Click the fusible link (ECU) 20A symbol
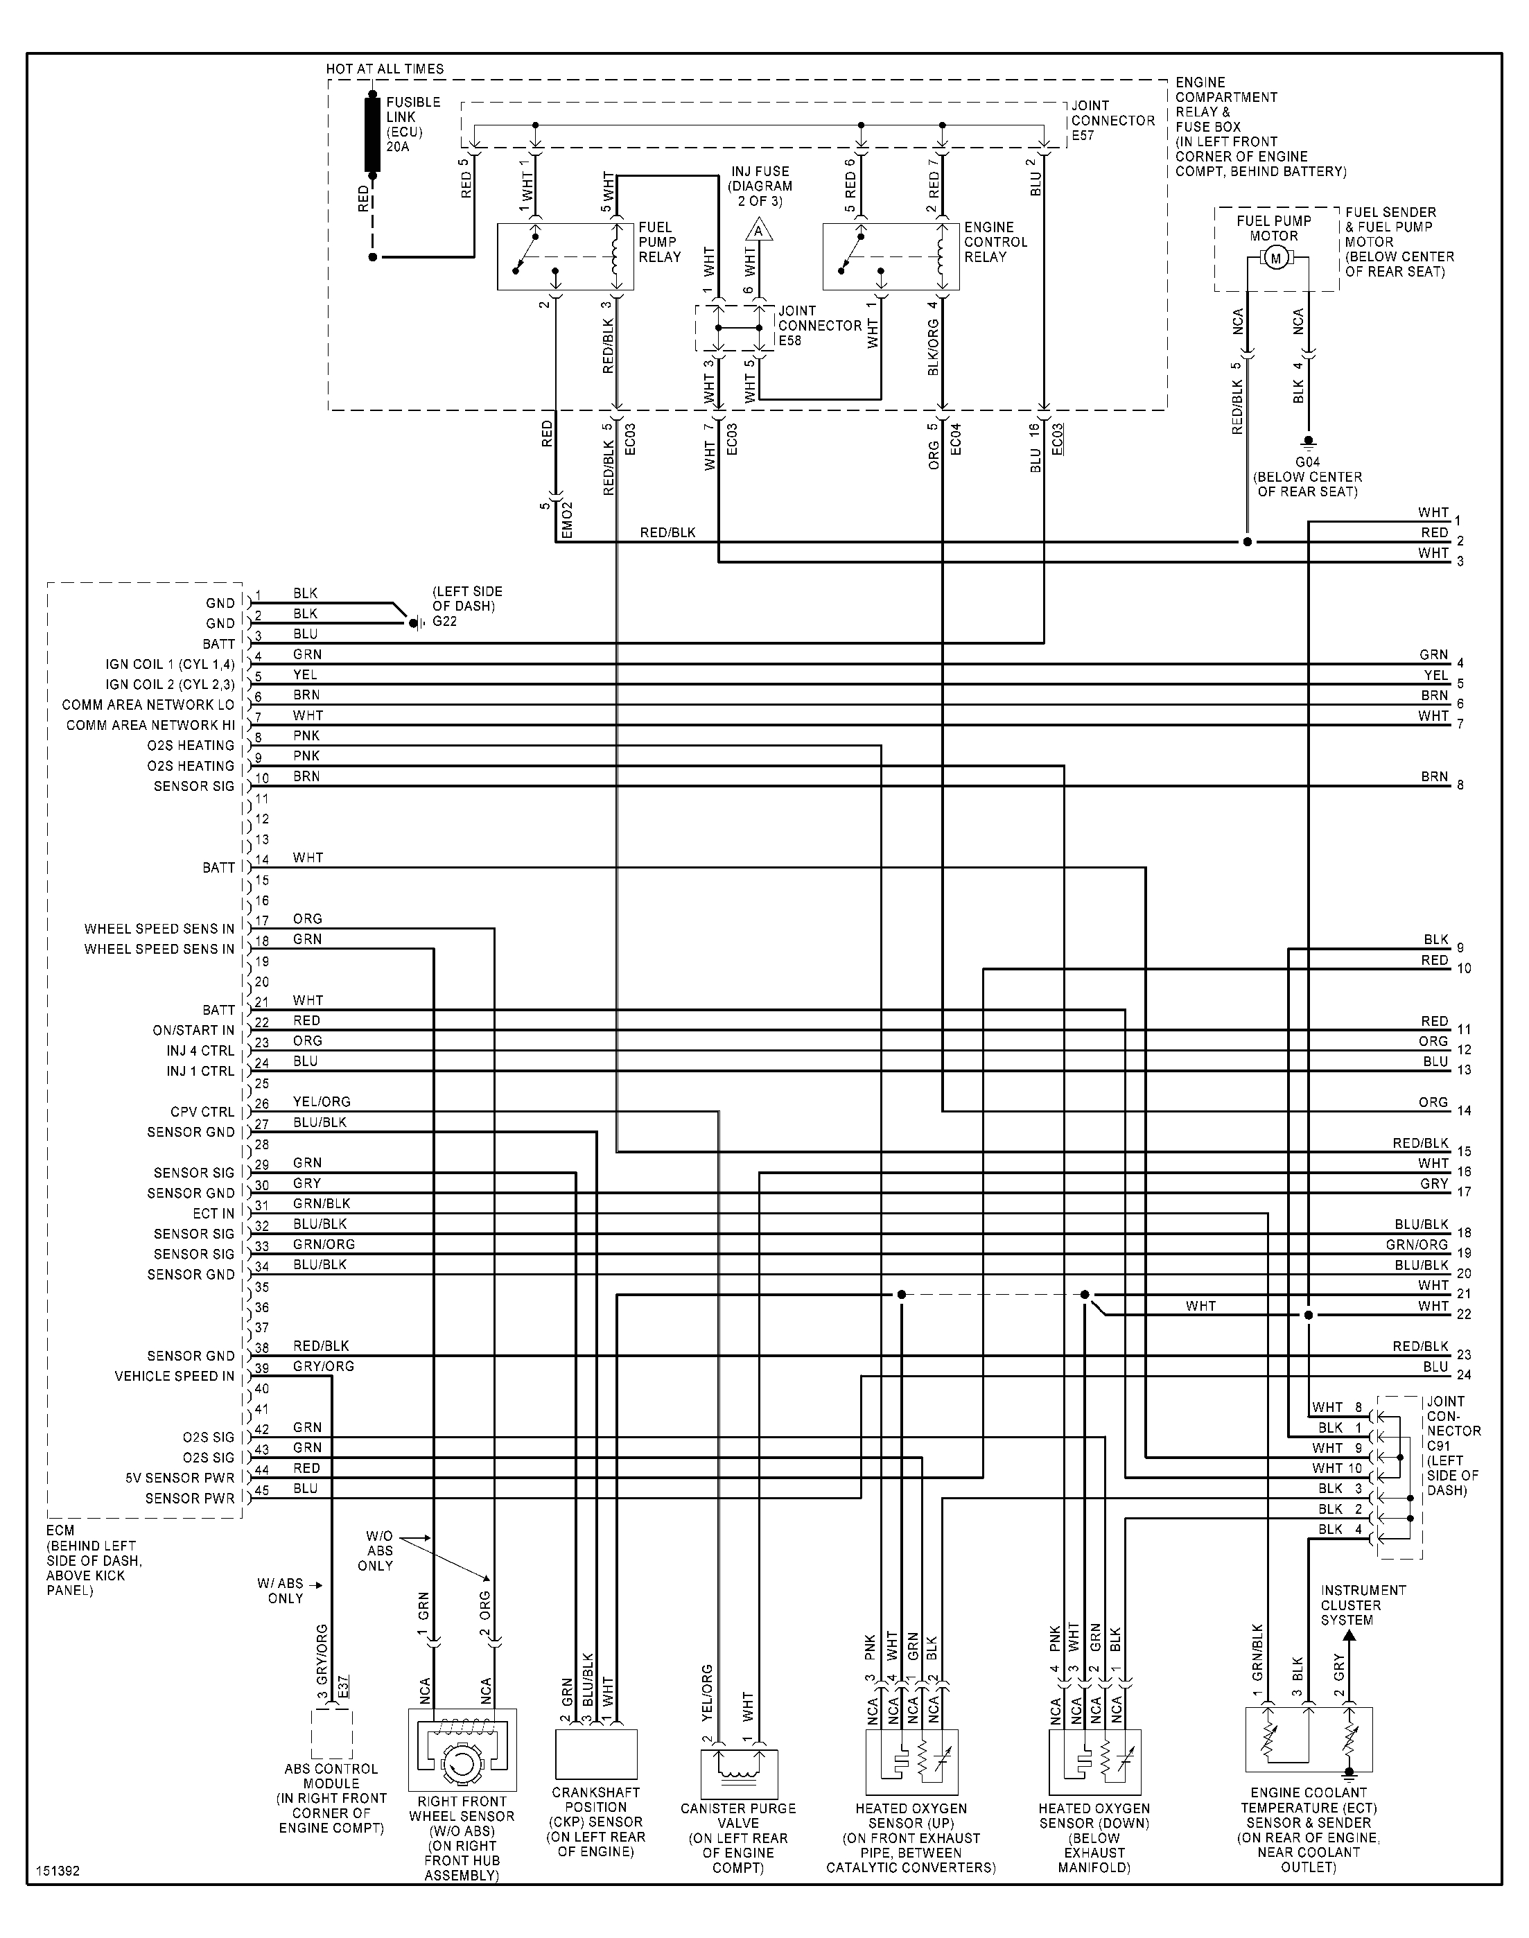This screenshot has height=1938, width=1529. (x=372, y=134)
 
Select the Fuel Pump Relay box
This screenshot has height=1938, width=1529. (x=565, y=257)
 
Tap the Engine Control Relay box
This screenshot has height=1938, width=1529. (x=891, y=257)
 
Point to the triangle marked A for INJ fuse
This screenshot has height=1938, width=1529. (x=759, y=232)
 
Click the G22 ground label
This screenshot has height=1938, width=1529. (x=445, y=621)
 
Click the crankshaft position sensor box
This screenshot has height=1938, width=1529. (x=596, y=1754)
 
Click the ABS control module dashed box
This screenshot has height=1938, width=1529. (x=331, y=1734)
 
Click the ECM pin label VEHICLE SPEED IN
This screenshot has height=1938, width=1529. (x=174, y=1376)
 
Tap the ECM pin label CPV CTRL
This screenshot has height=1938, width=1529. (x=202, y=1112)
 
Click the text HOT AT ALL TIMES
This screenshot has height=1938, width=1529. (x=384, y=69)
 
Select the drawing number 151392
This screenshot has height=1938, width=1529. (x=58, y=1871)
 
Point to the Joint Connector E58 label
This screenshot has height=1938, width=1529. (x=819, y=326)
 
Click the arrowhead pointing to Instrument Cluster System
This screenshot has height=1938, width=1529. (x=1350, y=1634)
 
